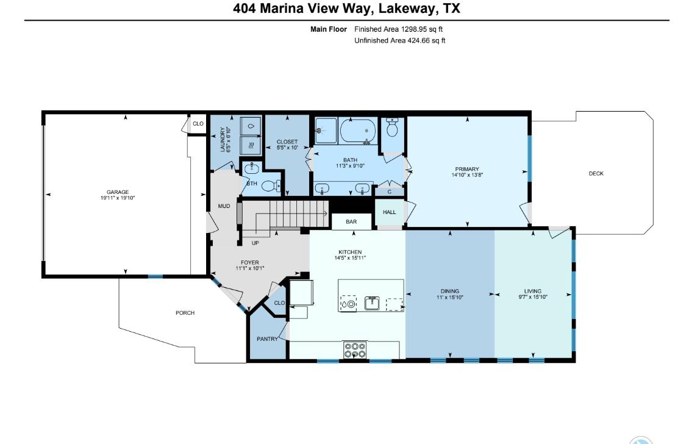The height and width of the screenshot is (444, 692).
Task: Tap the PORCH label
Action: (x=185, y=313)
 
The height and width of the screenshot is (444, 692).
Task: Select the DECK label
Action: (x=596, y=174)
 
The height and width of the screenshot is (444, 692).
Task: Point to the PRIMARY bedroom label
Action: (x=466, y=170)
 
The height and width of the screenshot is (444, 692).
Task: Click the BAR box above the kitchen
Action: (x=351, y=222)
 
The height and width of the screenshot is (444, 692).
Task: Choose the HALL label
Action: (x=389, y=212)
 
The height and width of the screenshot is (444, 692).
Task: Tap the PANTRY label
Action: (x=266, y=339)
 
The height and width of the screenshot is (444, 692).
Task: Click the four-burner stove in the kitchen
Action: (x=355, y=350)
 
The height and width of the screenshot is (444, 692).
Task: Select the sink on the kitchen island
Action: (x=372, y=303)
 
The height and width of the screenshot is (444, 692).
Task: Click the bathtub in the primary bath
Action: (x=358, y=131)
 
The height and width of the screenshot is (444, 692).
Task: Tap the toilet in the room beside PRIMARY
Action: (x=393, y=129)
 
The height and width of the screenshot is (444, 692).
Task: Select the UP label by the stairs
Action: (x=256, y=243)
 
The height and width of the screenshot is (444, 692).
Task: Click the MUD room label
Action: (x=224, y=206)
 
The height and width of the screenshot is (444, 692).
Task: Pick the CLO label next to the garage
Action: (x=198, y=124)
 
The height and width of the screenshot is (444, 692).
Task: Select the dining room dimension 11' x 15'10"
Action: (x=450, y=298)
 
